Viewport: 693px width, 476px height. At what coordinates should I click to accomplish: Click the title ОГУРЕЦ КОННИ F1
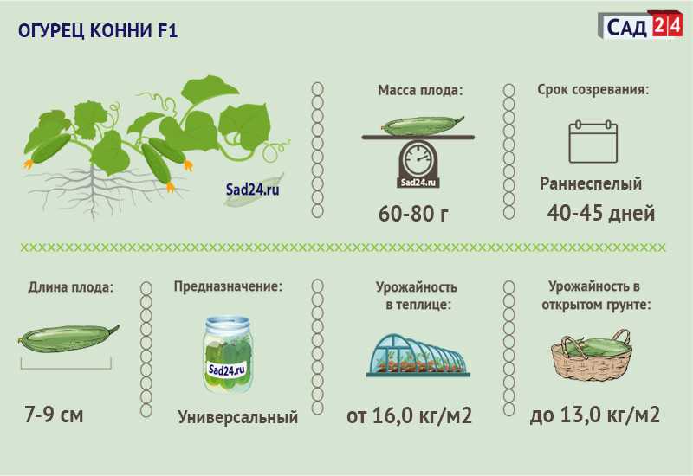click(x=98, y=31)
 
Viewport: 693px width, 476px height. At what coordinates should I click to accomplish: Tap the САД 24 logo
click(x=640, y=26)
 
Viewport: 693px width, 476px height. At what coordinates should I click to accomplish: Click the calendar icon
click(x=593, y=141)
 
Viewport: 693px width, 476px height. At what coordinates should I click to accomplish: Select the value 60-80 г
click(x=414, y=214)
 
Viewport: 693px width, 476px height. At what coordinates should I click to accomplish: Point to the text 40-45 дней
click(x=600, y=213)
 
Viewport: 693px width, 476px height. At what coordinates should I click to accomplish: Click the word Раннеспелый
click(x=591, y=183)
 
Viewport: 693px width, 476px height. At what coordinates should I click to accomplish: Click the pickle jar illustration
click(x=228, y=354)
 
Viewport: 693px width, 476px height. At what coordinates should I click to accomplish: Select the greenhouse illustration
click(x=418, y=355)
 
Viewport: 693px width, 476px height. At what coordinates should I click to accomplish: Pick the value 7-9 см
click(x=54, y=415)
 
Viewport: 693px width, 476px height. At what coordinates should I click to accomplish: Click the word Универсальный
click(x=237, y=417)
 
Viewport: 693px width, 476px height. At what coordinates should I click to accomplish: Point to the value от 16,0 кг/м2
click(x=409, y=415)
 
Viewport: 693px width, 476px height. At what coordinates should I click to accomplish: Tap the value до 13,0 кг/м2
click(x=595, y=415)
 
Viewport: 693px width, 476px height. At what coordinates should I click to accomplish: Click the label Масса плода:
click(x=420, y=91)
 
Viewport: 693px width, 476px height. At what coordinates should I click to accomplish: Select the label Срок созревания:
click(x=593, y=90)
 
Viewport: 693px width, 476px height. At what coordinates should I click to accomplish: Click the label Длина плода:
click(x=71, y=287)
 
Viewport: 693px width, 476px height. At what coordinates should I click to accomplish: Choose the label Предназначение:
click(x=228, y=286)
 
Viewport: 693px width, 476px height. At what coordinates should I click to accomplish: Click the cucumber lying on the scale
click(x=423, y=125)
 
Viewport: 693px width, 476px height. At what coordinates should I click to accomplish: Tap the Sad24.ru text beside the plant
click(x=253, y=190)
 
